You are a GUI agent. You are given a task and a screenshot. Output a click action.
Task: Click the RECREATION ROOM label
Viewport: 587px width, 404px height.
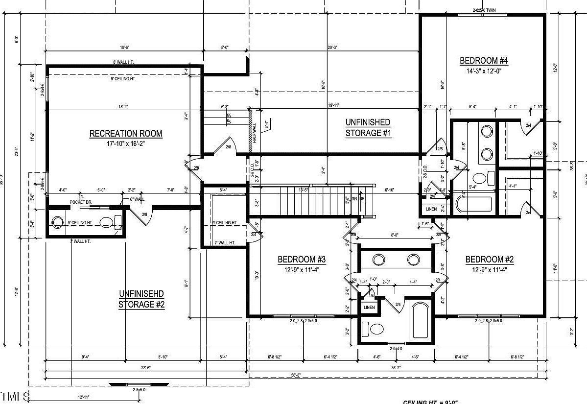click(125, 133)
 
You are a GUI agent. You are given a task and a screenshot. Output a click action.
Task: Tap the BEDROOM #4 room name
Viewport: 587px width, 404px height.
click(484, 61)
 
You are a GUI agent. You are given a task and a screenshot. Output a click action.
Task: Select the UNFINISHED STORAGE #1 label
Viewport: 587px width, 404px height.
click(368, 127)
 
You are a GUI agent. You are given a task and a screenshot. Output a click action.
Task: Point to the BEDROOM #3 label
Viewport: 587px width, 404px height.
click(302, 259)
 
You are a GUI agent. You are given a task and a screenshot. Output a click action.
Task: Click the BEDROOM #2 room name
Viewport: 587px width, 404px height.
click(489, 259)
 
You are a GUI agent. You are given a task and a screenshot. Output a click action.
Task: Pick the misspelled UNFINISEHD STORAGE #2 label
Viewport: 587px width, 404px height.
click(141, 299)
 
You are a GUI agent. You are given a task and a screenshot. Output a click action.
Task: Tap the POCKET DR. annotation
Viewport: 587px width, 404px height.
click(81, 202)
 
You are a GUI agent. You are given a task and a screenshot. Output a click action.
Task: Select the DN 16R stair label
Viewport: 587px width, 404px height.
click(358, 198)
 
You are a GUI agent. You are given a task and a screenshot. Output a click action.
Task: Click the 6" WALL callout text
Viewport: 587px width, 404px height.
click(137, 199)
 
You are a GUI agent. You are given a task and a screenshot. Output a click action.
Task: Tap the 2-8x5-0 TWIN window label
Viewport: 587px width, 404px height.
click(484, 10)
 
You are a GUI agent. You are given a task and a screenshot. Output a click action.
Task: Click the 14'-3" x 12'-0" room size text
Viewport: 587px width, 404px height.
click(484, 71)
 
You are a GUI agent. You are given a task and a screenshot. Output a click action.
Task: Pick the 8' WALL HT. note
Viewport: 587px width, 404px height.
click(123, 62)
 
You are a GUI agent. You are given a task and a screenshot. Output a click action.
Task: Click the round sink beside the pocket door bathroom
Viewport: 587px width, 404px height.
click(57, 222)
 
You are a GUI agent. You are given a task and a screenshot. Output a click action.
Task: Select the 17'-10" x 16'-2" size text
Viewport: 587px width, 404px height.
click(125, 144)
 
